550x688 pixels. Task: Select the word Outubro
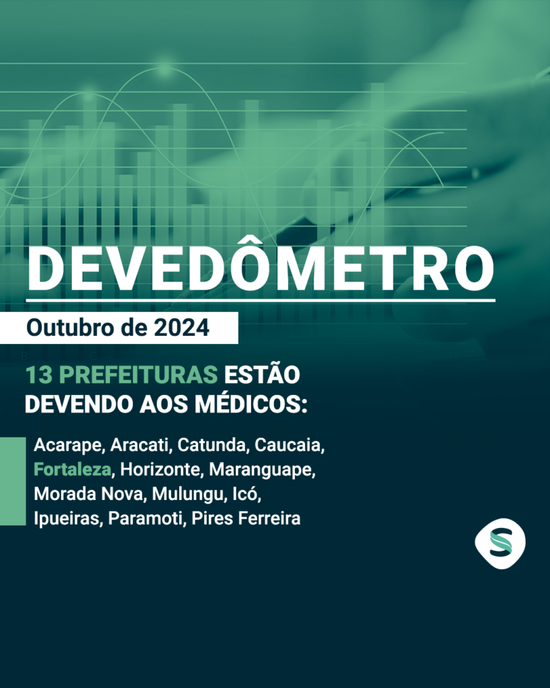point(70,328)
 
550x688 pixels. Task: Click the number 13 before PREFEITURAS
point(39,375)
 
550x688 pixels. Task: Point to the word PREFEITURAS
point(138,375)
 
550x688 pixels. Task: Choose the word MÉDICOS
point(251,403)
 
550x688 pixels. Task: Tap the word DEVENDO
point(79,404)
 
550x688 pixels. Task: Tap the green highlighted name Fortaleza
point(73,470)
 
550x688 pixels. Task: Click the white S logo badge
point(500,543)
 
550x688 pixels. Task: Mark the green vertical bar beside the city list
point(13,481)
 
